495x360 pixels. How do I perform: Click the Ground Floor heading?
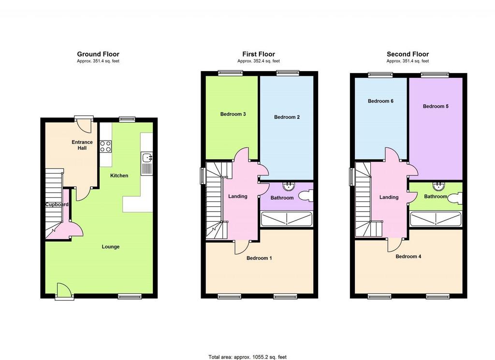(98, 54)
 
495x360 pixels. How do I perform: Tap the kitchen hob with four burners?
(106, 146)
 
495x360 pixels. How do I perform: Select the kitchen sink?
(147, 158)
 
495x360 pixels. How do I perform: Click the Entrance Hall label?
(82, 145)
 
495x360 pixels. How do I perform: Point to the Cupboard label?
(57, 204)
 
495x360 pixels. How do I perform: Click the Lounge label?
(111, 247)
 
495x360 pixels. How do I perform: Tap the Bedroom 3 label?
(233, 114)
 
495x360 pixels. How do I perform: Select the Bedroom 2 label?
(287, 117)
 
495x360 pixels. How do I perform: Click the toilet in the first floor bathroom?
(306, 196)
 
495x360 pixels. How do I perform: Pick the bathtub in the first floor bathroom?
(287, 219)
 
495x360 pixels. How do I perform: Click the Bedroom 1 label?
(259, 258)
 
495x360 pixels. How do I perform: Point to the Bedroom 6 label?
(380, 101)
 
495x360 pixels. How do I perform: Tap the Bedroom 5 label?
(436, 106)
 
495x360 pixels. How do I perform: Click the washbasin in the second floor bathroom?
(438, 186)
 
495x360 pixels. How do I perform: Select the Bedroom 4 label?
(408, 257)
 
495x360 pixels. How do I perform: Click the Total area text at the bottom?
(247, 357)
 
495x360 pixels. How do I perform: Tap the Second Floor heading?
(408, 54)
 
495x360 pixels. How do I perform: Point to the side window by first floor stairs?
(203, 175)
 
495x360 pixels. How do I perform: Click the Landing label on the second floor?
(389, 197)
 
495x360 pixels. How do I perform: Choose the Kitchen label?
(119, 175)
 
